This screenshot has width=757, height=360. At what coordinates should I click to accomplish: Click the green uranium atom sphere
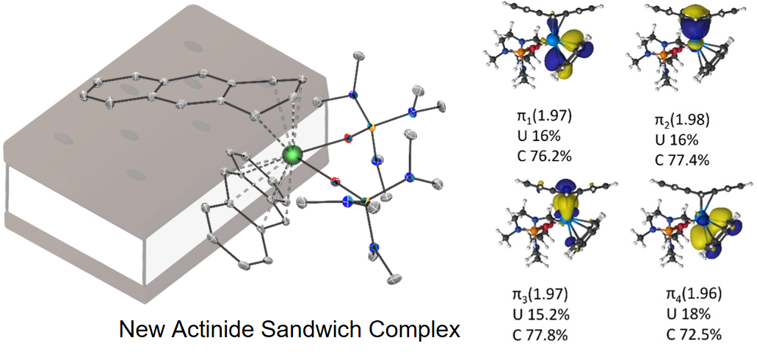click(292, 155)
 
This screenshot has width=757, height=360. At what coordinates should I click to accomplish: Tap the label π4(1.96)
click(693, 295)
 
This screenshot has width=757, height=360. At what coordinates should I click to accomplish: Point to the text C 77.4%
click(681, 159)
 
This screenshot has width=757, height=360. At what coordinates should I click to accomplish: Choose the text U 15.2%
click(541, 314)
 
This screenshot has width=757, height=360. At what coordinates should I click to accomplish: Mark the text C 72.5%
click(692, 334)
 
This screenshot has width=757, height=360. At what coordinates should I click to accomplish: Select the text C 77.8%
click(542, 334)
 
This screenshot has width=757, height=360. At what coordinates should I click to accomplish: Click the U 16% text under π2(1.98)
click(674, 140)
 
